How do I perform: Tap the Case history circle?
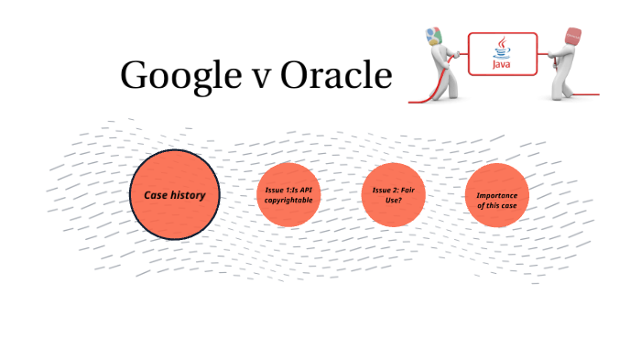(x=174, y=195)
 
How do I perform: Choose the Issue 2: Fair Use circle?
(x=394, y=194)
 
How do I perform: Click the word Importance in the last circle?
(x=497, y=195)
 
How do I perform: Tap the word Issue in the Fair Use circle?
(x=384, y=189)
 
